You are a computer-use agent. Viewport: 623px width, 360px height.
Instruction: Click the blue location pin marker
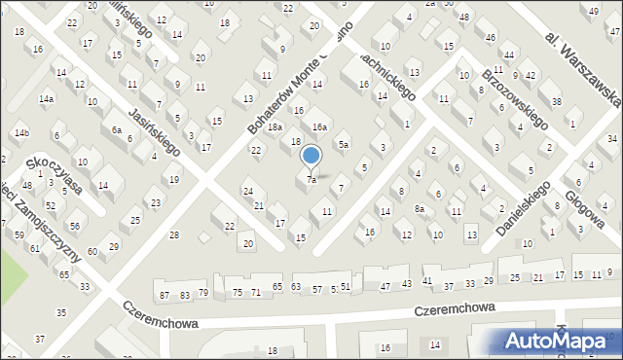click(x=311, y=157)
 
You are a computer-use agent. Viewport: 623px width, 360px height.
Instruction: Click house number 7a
click(x=311, y=180)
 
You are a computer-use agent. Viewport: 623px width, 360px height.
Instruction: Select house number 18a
click(x=275, y=127)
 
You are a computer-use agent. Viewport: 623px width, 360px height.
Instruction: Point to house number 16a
click(x=318, y=127)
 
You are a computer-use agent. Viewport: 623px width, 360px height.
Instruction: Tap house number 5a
click(x=343, y=145)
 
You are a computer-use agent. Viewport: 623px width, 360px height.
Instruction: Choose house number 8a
click(x=420, y=209)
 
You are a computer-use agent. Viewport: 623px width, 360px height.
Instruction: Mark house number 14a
click(x=46, y=99)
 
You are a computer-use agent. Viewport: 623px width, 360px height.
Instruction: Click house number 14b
click(x=21, y=132)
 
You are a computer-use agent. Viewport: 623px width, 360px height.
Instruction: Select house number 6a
click(x=116, y=130)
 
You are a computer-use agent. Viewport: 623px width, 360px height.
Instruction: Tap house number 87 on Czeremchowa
click(x=164, y=295)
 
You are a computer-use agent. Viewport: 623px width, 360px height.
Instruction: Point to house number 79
click(x=203, y=293)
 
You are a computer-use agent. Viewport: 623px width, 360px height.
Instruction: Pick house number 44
click(x=509, y=55)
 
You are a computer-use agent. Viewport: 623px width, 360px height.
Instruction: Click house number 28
click(x=174, y=235)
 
